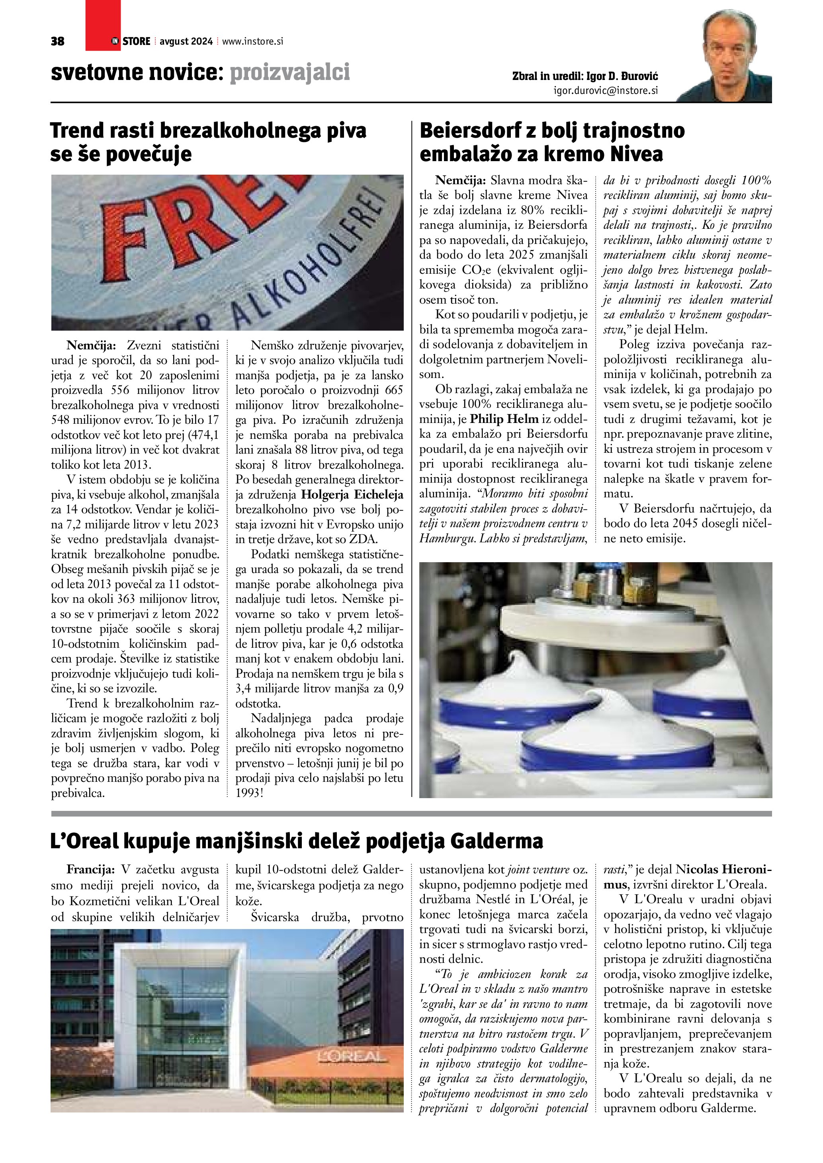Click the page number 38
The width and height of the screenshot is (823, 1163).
pyautogui.click(x=58, y=41)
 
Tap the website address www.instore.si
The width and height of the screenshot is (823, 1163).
pyautogui.click(x=252, y=41)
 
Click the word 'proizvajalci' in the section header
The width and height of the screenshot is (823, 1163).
pyautogui.click(x=290, y=73)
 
